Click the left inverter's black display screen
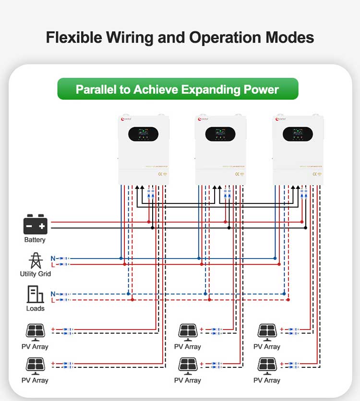point(143,134)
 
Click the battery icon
point(35,224)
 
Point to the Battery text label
point(35,240)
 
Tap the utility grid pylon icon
point(35,260)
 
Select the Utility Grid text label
point(35,274)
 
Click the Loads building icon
point(35,294)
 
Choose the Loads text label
point(35,308)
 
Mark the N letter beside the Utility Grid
point(53,258)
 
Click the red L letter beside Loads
point(53,300)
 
